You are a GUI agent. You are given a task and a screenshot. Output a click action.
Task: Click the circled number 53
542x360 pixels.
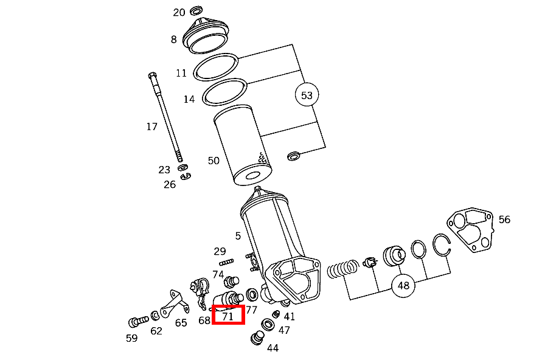click(x=307, y=95)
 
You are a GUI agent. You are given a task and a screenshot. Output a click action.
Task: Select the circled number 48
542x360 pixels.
click(x=403, y=285)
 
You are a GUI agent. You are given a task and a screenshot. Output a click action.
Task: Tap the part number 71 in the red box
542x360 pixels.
click(x=228, y=316)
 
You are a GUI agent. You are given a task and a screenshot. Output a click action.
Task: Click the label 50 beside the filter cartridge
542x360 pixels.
click(x=214, y=161)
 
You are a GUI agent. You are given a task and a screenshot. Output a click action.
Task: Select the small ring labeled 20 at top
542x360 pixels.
click(x=196, y=10)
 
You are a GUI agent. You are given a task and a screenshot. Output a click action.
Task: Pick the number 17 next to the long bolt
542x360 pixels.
click(x=151, y=126)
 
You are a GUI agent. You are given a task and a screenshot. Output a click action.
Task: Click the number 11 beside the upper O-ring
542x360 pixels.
click(x=181, y=73)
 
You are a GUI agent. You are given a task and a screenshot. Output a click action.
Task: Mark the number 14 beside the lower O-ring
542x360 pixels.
click(x=189, y=99)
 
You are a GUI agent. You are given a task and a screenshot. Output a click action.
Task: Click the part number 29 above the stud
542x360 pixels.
click(x=220, y=251)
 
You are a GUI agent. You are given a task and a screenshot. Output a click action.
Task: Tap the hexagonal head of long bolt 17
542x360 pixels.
click(x=151, y=76)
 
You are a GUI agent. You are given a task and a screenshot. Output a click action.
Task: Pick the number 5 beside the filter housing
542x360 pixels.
click(x=238, y=236)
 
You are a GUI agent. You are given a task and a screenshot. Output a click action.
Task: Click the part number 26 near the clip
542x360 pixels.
click(x=169, y=184)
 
